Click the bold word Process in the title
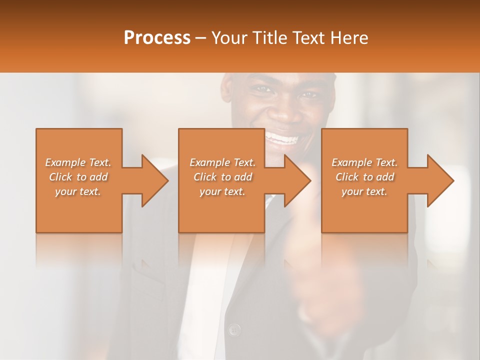pyautogui.click(x=157, y=38)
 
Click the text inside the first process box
pyautogui.click(x=78, y=177)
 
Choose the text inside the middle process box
pyautogui.click(x=222, y=177)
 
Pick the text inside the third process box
pyautogui.click(x=364, y=177)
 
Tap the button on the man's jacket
pyautogui.click(x=233, y=329)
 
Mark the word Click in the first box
pyautogui.click(x=61, y=177)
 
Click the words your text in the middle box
pyautogui.click(x=222, y=191)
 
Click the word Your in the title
pyautogui.click(x=228, y=38)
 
